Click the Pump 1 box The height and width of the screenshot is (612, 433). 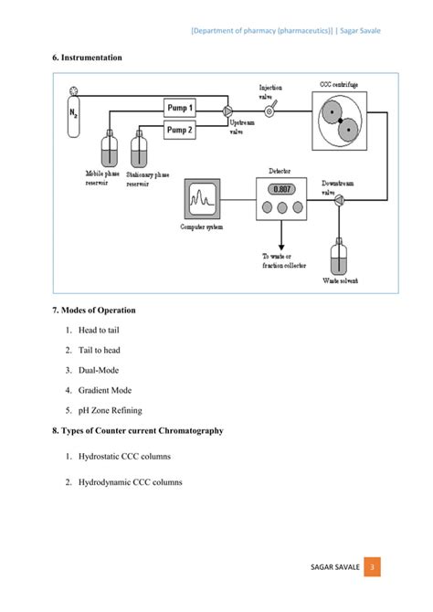pos(179,108)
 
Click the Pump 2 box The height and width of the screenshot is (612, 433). pos(179,131)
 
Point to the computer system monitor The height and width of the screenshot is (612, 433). pos(202,198)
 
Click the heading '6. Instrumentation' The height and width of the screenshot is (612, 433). pos(87,58)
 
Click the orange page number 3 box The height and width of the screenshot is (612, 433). pos(372,569)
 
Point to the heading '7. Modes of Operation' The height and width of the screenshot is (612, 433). pos(94,310)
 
